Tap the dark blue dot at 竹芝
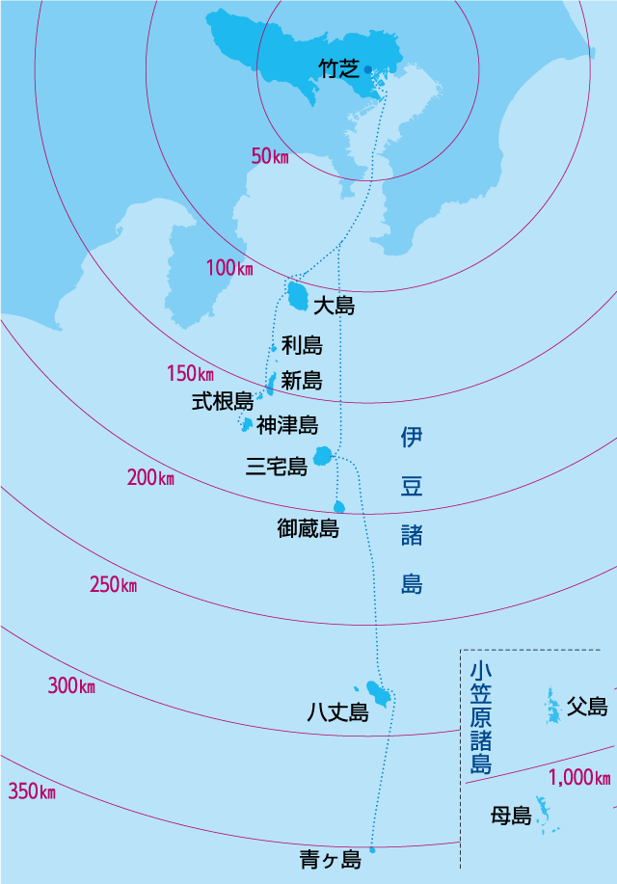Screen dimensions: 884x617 (367, 68)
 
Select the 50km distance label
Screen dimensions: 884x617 (270, 156)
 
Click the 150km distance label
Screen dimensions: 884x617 (190, 373)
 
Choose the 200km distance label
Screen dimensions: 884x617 (150, 477)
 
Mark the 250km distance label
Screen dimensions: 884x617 (113, 584)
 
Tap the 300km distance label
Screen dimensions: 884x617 (71, 686)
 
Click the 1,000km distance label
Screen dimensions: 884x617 (580, 777)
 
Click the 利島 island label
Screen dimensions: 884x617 (302, 345)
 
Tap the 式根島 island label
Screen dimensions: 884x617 (222, 401)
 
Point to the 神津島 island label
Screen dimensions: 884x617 (287, 424)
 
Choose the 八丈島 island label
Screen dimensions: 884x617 (337, 712)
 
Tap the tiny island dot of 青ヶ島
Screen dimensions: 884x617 (372, 850)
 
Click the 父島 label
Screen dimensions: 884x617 (587, 707)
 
